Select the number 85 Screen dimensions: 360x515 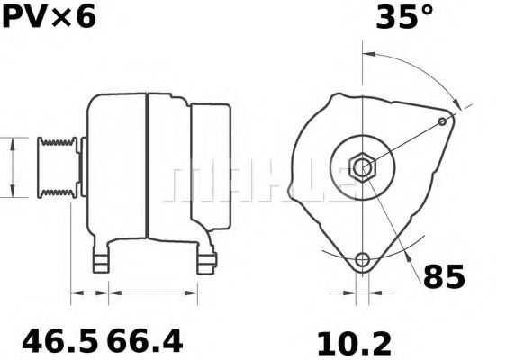tap(444, 276)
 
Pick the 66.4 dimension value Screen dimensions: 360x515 tap(146, 342)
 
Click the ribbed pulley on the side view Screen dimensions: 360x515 tap(56, 167)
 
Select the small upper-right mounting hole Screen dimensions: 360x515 tap(441, 121)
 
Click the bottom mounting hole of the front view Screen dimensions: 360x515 tap(362, 260)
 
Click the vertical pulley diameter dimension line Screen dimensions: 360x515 tap(12, 167)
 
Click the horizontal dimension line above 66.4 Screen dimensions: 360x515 tap(154, 292)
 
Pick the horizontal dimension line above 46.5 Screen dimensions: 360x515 tap(90, 292)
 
